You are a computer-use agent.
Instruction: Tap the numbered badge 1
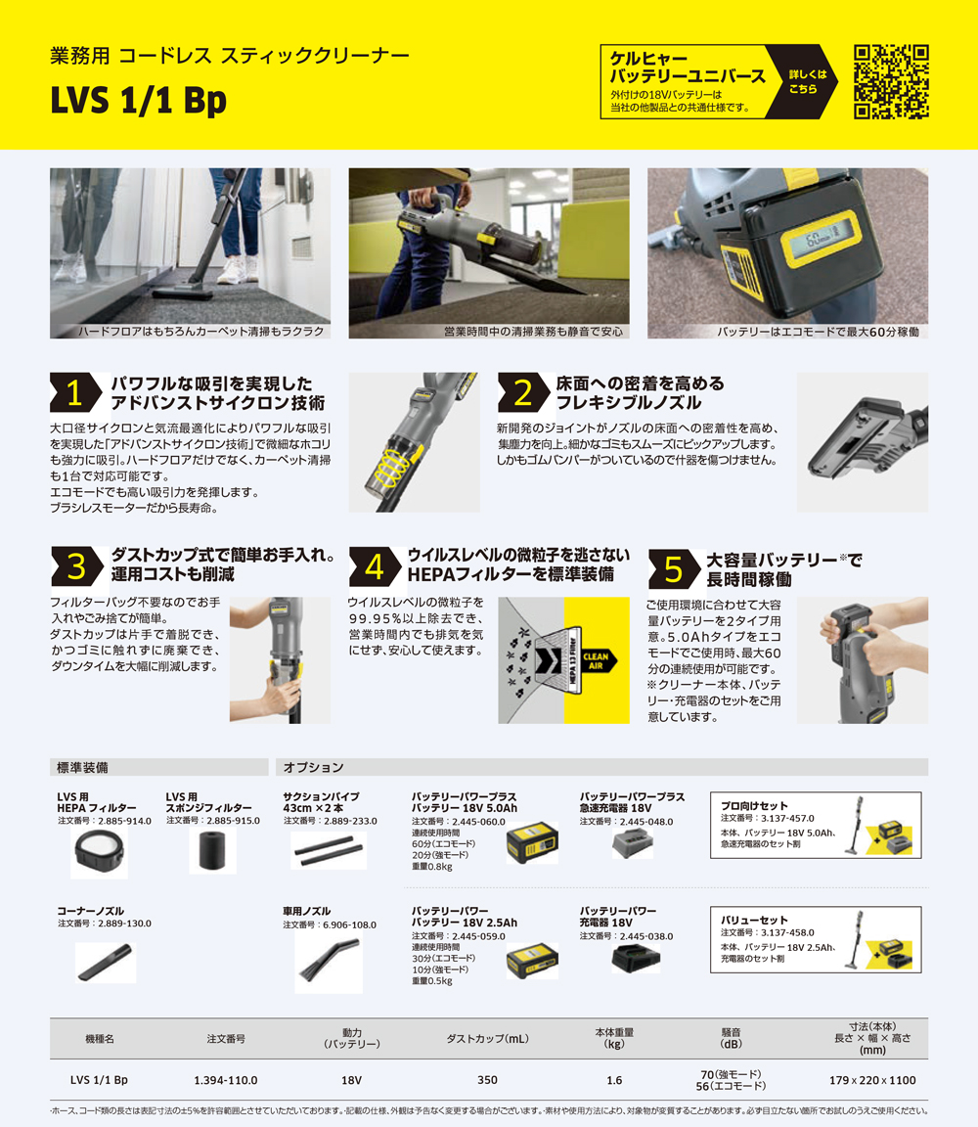(x=75, y=392)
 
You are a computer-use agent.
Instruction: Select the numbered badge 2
(x=522, y=392)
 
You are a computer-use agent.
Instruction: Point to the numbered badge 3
(x=75, y=565)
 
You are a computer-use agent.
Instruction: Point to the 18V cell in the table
(x=352, y=1080)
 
